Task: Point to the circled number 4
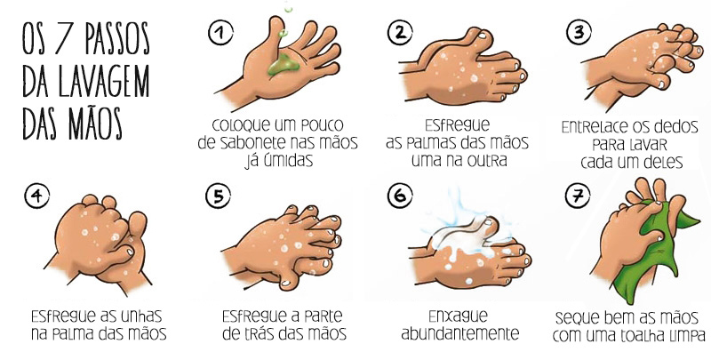pos(36,196)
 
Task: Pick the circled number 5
pos(217,196)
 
